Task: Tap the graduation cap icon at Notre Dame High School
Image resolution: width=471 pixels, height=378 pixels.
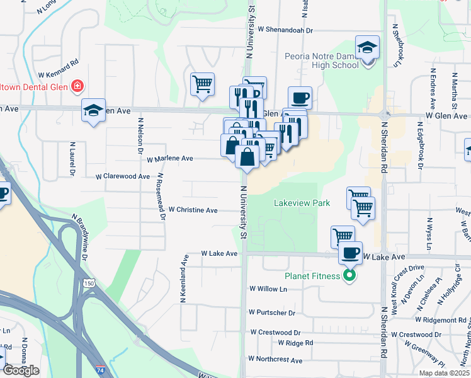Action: tap(366, 48)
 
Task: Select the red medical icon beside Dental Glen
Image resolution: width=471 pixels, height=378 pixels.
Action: tap(77, 86)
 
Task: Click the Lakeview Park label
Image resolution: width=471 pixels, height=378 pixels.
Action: tap(302, 203)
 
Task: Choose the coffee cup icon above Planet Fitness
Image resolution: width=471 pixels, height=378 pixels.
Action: tap(350, 253)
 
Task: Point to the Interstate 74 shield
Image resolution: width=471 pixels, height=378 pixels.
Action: tap(101, 371)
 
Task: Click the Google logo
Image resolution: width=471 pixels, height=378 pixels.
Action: tap(20, 370)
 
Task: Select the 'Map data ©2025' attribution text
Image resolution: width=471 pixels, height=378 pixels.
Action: tap(444, 373)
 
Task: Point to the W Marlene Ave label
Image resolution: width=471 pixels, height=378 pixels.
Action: tap(169, 159)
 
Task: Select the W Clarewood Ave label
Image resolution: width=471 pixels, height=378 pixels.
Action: tap(123, 176)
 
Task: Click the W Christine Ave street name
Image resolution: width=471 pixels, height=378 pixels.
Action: tap(193, 210)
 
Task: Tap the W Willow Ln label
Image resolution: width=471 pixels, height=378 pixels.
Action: tap(268, 289)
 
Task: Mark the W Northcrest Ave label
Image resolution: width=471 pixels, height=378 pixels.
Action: tap(275, 359)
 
